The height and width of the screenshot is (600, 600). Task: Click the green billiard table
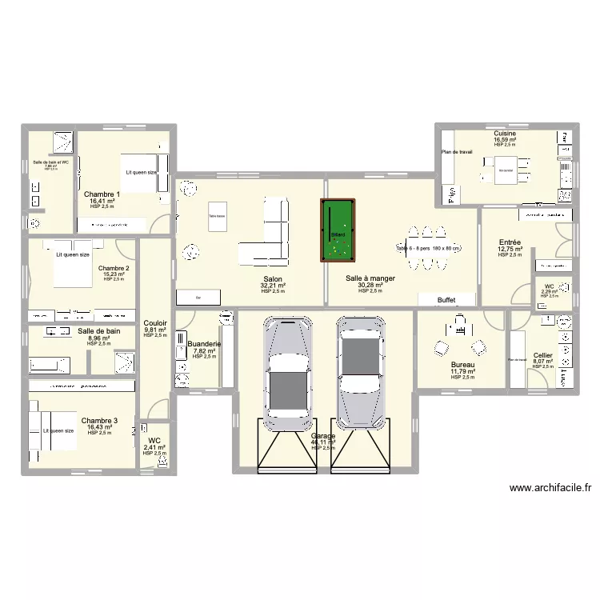(338, 231)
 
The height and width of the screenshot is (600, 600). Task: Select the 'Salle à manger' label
(370, 278)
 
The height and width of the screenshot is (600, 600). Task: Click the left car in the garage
(286, 367)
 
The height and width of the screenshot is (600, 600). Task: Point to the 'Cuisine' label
(505, 134)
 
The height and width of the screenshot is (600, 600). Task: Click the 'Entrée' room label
(510, 242)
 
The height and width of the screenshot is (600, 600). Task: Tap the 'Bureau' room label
(462, 364)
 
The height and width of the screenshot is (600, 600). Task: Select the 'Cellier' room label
(542, 355)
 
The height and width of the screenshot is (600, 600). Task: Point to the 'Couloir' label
(155, 323)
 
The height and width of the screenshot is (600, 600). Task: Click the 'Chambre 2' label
(114, 268)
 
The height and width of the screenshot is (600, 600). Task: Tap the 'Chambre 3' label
(99, 420)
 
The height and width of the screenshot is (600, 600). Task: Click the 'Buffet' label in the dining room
(446, 300)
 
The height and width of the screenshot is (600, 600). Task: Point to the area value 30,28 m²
(370, 286)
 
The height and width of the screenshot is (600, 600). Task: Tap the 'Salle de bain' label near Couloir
(99, 331)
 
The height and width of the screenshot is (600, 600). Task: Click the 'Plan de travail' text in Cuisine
(457, 152)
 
